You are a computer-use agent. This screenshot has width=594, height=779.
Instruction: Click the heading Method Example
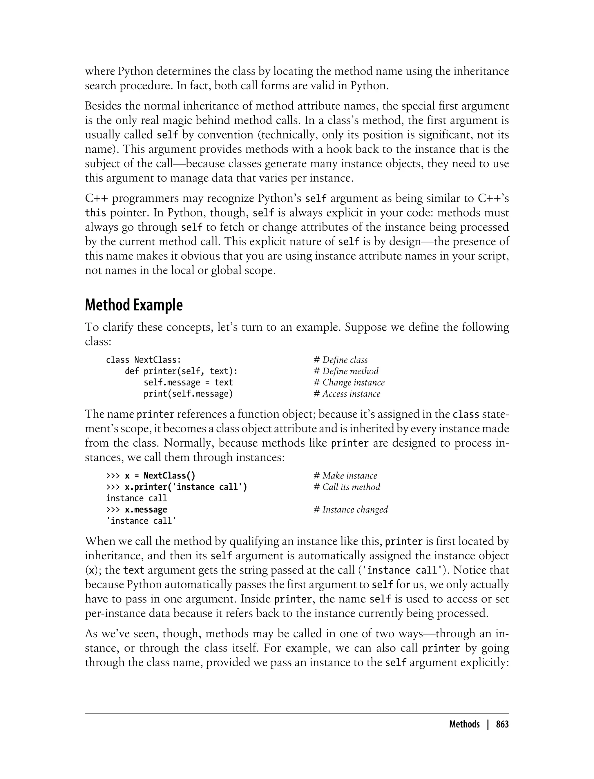tap(134, 305)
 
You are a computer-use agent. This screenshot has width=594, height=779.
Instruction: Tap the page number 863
tap(502, 724)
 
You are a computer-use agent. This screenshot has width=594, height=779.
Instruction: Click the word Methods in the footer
tap(464, 724)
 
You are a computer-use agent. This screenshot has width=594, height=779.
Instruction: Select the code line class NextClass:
tap(144, 360)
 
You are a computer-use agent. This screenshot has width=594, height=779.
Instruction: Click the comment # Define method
tap(346, 371)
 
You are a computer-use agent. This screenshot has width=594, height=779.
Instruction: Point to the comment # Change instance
tap(349, 383)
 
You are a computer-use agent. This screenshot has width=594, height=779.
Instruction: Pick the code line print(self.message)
tap(188, 394)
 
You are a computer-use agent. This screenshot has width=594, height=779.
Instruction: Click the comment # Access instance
tap(347, 394)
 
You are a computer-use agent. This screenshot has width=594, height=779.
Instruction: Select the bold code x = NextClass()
tap(160, 476)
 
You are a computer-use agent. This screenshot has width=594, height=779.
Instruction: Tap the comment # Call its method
tap(347, 487)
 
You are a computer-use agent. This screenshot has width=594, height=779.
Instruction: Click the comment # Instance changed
tap(351, 510)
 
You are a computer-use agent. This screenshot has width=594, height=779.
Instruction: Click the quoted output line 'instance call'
tap(141, 521)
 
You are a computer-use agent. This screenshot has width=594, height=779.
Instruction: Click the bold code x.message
tap(146, 510)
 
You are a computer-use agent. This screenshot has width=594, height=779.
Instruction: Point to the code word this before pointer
tap(95, 213)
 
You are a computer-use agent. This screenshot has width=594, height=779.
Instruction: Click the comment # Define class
tap(341, 360)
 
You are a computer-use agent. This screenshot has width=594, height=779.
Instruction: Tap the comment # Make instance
tap(345, 476)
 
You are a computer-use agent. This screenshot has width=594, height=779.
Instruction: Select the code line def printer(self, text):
tap(181, 371)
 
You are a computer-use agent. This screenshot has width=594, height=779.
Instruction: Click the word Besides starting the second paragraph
tap(103, 106)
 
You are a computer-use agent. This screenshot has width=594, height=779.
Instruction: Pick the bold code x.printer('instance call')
tap(186, 487)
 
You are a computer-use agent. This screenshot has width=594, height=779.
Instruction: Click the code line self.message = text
tap(188, 383)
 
